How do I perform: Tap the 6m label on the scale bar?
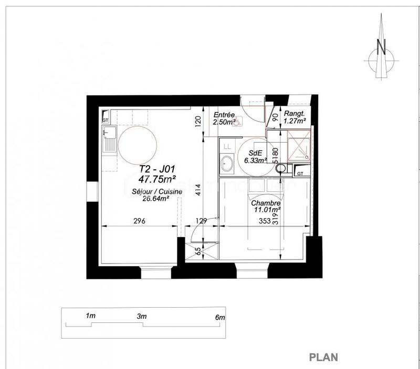click(x=220, y=317)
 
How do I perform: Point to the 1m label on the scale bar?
click(x=90, y=316)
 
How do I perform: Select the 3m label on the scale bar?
click(x=141, y=317)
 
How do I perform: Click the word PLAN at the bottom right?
click(x=323, y=357)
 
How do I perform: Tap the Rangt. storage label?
click(x=294, y=114)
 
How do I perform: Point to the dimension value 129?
click(x=202, y=221)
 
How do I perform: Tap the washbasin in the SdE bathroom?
click(x=227, y=164)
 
